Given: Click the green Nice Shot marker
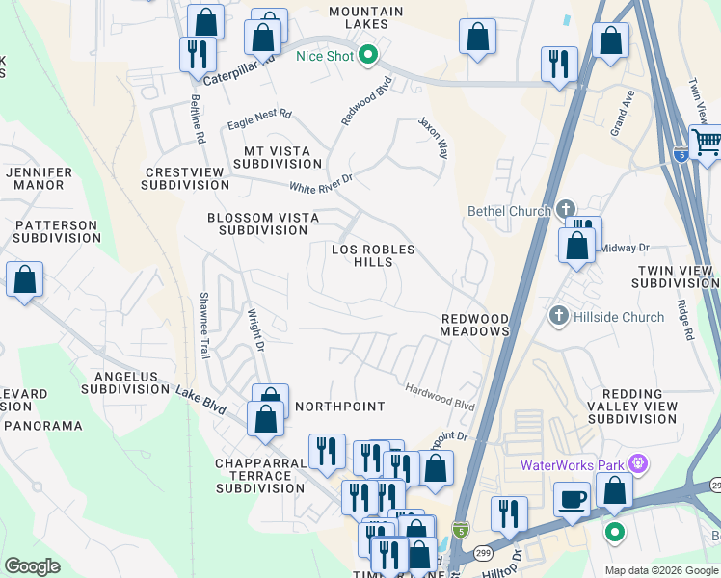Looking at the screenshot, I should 367,56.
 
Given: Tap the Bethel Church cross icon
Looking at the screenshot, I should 566,210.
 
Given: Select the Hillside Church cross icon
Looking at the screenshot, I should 557,316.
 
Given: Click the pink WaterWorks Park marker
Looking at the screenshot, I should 636,464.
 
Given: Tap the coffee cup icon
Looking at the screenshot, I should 572,499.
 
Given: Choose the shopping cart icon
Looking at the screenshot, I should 706,142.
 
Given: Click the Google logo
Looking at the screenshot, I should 32,566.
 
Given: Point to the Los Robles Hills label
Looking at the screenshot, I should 373,255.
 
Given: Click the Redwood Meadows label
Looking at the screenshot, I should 474,325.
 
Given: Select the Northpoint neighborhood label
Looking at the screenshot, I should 339,407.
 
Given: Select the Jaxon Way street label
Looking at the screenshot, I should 433,138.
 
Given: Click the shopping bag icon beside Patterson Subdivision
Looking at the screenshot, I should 24,279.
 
